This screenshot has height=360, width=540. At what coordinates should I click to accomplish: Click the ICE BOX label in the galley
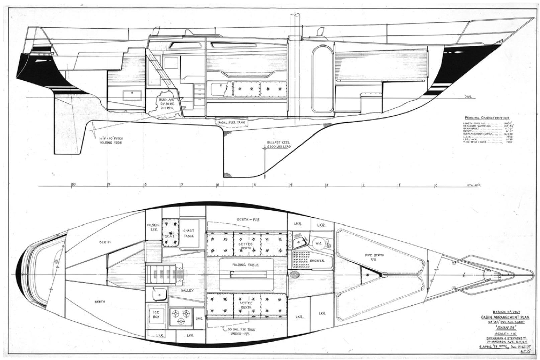pyautogui.click(x=156, y=314)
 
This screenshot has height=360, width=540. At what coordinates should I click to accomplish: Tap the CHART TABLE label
pyautogui.click(x=189, y=233)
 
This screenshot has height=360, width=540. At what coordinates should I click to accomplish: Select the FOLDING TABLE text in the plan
pyautogui.click(x=246, y=265)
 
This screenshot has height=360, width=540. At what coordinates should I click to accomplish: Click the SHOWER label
pyautogui.click(x=317, y=260)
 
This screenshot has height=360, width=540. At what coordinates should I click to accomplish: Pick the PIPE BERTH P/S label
pyautogui.click(x=375, y=257)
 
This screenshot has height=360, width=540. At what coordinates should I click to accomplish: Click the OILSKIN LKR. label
pyautogui.click(x=153, y=227)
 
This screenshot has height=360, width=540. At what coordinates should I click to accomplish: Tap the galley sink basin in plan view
pyautogui.click(x=159, y=295)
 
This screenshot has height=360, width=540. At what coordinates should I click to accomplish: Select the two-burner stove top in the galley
pyautogui.click(x=181, y=317)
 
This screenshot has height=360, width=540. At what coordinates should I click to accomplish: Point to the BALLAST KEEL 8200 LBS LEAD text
pyautogui.click(x=279, y=144)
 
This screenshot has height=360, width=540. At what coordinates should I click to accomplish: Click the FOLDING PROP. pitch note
pyautogui.click(x=111, y=140)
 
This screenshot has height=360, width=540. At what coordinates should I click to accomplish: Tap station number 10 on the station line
pyautogui.click(x=73, y=184)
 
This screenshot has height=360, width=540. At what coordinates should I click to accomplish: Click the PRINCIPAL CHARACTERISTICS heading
pyautogui.click(x=486, y=118)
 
